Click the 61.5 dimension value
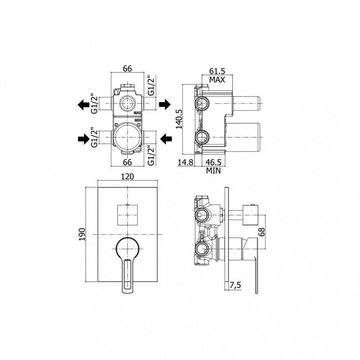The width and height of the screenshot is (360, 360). [x=217, y=71]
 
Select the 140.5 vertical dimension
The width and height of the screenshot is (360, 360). [x=179, y=119]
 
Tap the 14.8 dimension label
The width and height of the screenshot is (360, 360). [x=185, y=162]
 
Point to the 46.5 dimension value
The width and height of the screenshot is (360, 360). [x=213, y=162]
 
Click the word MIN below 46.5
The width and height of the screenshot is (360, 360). [x=213, y=171]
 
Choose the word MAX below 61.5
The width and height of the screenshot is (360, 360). [x=217, y=80]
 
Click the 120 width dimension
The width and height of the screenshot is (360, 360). [x=127, y=176]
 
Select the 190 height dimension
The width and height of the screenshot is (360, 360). [x=82, y=234]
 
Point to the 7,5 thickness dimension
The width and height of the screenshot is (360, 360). [x=235, y=285]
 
